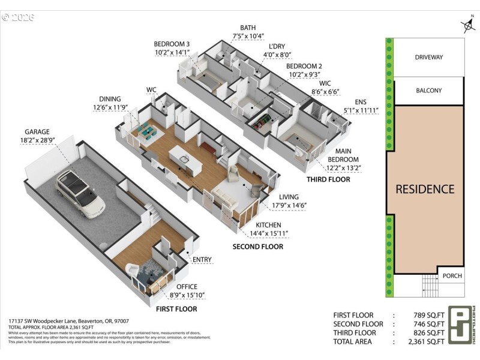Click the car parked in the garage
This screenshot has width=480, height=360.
pos(80,194)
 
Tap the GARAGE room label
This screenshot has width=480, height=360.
pos(37,132)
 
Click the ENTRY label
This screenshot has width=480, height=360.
pos(202,259)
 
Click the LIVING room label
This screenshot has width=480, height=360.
pos(289,197)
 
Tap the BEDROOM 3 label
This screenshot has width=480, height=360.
pos(172,44)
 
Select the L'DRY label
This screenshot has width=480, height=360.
pos(277,46)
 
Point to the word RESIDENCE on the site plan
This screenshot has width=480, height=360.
pos(425,189)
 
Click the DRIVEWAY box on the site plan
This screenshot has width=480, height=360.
pos(428,58)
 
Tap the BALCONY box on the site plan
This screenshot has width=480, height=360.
pos(428,91)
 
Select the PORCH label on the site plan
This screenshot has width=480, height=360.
pos(452,276)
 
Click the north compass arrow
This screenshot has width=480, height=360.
pos(468,26)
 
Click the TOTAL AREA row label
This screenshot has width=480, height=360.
pos(352,341)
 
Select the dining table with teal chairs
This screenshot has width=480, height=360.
pos(145,131)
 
